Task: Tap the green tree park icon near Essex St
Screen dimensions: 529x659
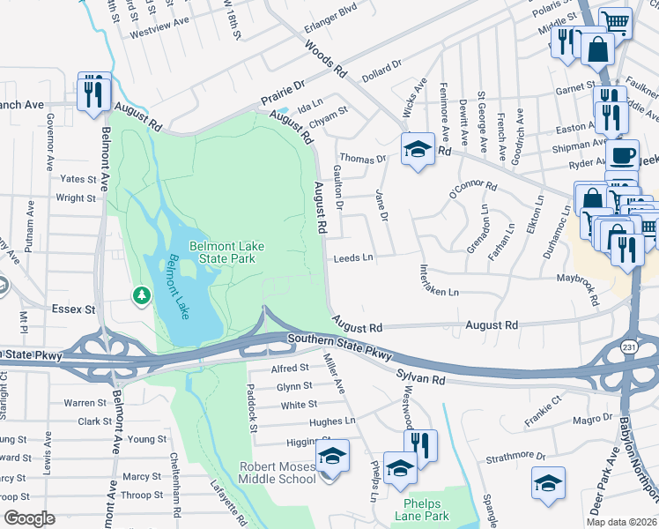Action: tap(141, 295)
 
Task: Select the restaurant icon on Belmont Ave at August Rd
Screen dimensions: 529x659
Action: tap(94, 93)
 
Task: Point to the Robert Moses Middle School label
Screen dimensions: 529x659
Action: tap(278, 473)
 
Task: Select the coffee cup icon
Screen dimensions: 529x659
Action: tap(623, 157)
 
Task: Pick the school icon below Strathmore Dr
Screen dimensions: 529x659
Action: tap(548, 484)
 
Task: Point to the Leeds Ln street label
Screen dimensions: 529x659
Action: tap(353, 258)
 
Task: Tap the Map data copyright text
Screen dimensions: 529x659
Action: tap(620, 522)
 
